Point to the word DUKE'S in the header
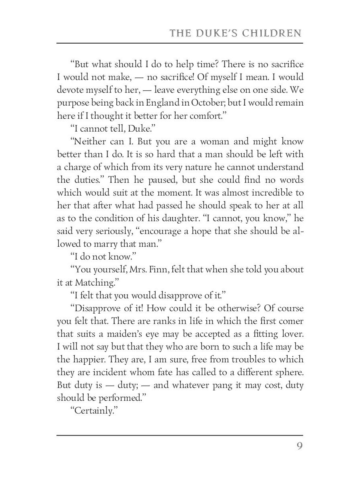(216, 32)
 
